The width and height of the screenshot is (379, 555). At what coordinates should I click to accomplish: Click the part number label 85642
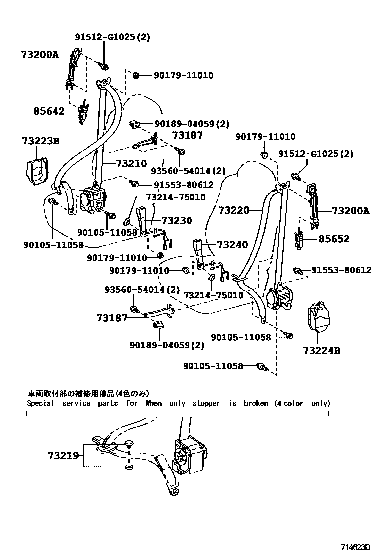[49, 111]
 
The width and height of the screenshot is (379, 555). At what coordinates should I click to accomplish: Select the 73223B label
[40, 142]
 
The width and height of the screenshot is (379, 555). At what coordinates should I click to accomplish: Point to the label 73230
[176, 220]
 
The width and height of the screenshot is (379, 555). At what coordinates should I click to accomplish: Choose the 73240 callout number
[232, 245]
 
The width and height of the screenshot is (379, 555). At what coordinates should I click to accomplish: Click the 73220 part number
[234, 211]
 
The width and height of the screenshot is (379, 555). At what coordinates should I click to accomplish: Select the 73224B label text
[321, 351]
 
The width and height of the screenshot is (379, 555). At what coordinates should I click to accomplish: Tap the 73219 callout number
[63, 455]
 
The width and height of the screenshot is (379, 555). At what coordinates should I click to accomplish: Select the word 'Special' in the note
[40, 403]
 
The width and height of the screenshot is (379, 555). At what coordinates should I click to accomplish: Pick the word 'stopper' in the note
[206, 403]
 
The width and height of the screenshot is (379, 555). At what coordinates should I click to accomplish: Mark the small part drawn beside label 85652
[301, 239]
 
